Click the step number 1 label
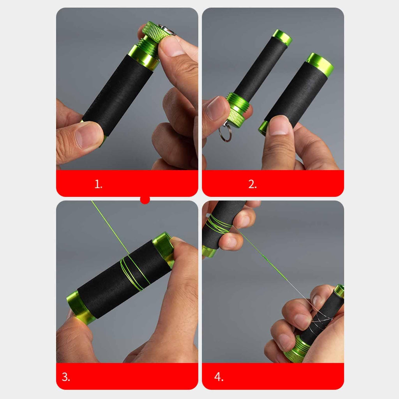pos(98,184)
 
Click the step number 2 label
pos(252,184)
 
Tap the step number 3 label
pos(65,377)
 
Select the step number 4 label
pos(219,377)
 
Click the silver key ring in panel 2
pos(225,133)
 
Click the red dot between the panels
pos(145,199)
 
